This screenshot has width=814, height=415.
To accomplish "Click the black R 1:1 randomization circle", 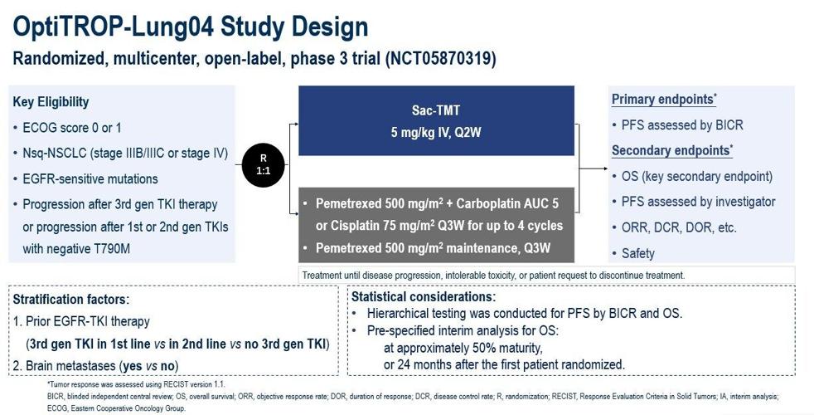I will (263, 164).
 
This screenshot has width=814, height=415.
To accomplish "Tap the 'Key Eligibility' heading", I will (51, 102).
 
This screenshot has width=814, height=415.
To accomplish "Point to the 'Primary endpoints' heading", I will (663, 100).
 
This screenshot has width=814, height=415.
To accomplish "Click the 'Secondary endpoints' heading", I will (671, 151).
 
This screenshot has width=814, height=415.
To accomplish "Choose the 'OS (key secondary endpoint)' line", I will (696, 176).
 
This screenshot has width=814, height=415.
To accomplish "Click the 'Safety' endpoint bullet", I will (637, 253).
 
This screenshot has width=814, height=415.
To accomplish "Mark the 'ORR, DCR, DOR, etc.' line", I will (678, 227).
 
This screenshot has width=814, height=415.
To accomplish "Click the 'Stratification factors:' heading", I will (70, 299).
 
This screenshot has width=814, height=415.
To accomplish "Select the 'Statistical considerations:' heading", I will (424, 296).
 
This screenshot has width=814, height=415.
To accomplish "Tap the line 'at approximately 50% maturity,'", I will (463, 348).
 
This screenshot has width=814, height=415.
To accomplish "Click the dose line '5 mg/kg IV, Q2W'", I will (436, 132).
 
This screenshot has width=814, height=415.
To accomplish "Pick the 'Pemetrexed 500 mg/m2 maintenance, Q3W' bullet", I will (432, 248).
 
